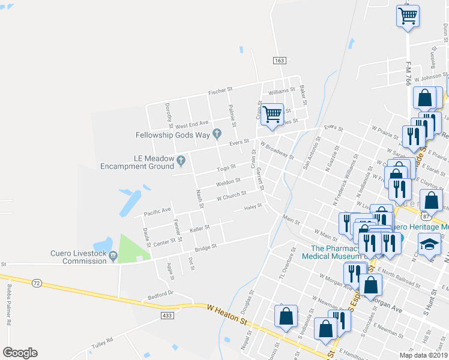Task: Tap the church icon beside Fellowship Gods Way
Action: tap(217, 133)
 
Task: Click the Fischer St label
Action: tap(220, 91)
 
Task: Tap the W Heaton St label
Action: tap(228, 315)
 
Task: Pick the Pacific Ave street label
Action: tap(157, 211)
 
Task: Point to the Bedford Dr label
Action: tap(161, 293)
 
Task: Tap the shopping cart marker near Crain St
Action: tap(273, 113)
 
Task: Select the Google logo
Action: tap(20, 353)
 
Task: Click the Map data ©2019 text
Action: tap(423, 355)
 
